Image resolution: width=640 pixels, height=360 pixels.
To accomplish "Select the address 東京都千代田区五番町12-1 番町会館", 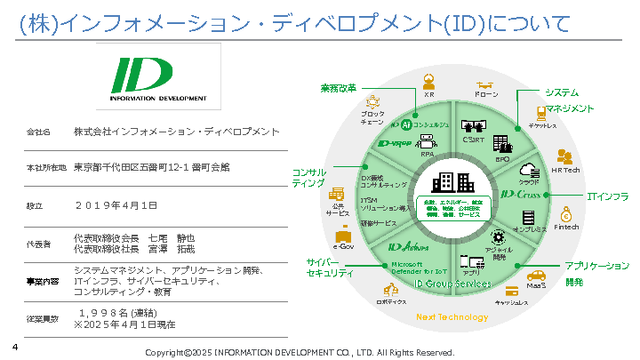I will pyautogui.click(x=152, y=167).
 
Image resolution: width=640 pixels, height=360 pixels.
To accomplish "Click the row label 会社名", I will pyautogui.click(x=38, y=132).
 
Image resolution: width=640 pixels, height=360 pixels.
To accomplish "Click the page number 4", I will pyautogui.click(x=14, y=348).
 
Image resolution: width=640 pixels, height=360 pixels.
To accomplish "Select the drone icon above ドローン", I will pyautogui.click(x=486, y=81).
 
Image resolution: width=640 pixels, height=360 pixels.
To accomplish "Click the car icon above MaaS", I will pyautogui.click(x=536, y=275).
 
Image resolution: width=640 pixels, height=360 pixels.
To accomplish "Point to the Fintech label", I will pyautogui.click(x=566, y=228).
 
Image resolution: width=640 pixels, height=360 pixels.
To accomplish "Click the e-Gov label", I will pyautogui.click(x=343, y=246).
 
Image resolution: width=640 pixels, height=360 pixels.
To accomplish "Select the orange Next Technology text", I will pyautogui.click(x=452, y=317).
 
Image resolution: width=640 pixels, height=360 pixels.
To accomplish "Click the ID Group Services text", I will pyautogui.click(x=452, y=284).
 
